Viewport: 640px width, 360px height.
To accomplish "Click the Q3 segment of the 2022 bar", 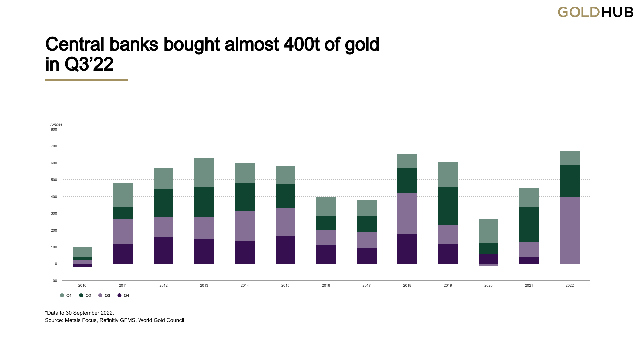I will [570, 230].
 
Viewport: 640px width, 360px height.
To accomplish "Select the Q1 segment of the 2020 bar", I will [488, 231].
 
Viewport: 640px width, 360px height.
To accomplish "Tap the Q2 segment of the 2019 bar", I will [448, 206].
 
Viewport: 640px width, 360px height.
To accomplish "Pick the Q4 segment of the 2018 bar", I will [407, 249].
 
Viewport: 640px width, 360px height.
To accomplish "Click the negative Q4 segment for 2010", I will [82, 266].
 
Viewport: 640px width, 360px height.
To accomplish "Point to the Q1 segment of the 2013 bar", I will [204, 172].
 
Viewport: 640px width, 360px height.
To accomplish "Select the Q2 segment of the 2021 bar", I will [529, 224].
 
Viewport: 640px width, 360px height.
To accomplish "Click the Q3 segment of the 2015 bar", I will [285, 222].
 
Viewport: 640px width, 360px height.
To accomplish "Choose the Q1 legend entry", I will [66, 296].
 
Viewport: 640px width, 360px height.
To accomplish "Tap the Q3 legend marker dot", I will [100, 296].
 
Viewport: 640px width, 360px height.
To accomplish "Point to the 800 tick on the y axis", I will [54, 129].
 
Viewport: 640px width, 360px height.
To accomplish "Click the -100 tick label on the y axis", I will [53, 281].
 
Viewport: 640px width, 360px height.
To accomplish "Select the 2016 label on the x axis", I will [326, 285].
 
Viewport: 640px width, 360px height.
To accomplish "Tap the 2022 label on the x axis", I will [570, 285].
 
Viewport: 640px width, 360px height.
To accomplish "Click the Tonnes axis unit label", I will [56, 124].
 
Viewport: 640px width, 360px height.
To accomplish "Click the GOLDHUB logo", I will [595, 12].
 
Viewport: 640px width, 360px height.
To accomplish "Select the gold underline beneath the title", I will [87, 80].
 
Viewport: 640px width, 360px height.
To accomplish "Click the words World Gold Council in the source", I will [161, 320].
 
